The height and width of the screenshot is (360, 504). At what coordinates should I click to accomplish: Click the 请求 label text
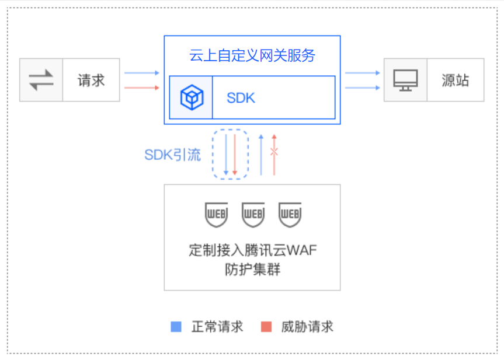pyautogui.click(x=91, y=81)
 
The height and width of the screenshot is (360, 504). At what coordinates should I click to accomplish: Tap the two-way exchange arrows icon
pyautogui.click(x=41, y=80)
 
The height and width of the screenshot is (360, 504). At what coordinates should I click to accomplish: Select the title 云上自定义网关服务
pyautogui.click(x=252, y=55)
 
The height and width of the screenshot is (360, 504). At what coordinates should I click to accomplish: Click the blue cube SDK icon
pyautogui.click(x=192, y=97)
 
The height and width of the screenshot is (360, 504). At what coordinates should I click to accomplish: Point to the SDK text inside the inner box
pyautogui.click(x=241, y=98)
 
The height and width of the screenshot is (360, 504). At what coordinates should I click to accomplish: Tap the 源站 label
pyautogui.click(x=455, y=81)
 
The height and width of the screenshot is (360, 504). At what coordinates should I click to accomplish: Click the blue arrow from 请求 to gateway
pyautogui.click(x=142, y=73)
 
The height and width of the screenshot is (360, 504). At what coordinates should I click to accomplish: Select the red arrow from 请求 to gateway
pyautogui.click(x=142, y=88)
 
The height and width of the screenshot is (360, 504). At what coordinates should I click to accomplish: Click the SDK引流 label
pyautogui.click(x=173, y=155)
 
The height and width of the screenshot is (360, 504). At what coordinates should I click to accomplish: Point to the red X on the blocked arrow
pyautogui.click(x=274, y=151)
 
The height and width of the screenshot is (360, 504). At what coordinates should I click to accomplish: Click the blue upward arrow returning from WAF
pyautogui.click(x=261, y=155)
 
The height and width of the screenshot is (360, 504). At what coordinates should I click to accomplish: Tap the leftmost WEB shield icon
pyautogui.click(x=217, y=215)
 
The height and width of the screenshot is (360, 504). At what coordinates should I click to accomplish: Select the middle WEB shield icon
pyautogui.click(x=253, y=215)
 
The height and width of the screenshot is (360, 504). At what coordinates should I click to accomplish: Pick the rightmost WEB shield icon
pyautogui.click(x=290, y=215)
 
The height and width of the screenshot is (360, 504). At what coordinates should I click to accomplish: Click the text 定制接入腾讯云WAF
pyautogui.click(x=253, y=250)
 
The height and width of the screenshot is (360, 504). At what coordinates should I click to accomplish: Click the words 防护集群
pyautogui.click(x=253, y=270)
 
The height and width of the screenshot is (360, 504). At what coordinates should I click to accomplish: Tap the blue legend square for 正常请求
pyautogui.click(x=176, y=327)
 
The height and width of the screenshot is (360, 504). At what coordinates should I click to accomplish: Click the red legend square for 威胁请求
pyautogui.click(x=266, y=327)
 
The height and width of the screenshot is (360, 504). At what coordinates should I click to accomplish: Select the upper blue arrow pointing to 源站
pyautogui.click(x=362, y=73)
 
